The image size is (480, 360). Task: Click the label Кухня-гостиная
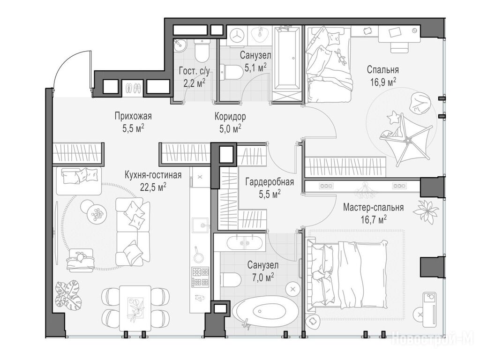point(153,175)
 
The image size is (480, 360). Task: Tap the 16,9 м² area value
point(383,82)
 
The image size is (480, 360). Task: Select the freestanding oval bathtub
point(264,312)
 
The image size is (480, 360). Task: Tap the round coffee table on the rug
point(97,213)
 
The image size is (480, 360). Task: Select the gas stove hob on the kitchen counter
point(200,277)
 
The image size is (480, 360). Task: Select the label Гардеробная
point(270,182)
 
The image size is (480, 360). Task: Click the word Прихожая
point(133,116)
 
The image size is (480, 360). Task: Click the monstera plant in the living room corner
point(68,295)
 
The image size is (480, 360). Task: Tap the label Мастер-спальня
point(373,208)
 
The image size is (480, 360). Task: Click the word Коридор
point(230,117)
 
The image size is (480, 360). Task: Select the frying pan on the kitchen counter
point(198,255)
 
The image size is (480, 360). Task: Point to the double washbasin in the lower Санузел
point(244,243)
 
